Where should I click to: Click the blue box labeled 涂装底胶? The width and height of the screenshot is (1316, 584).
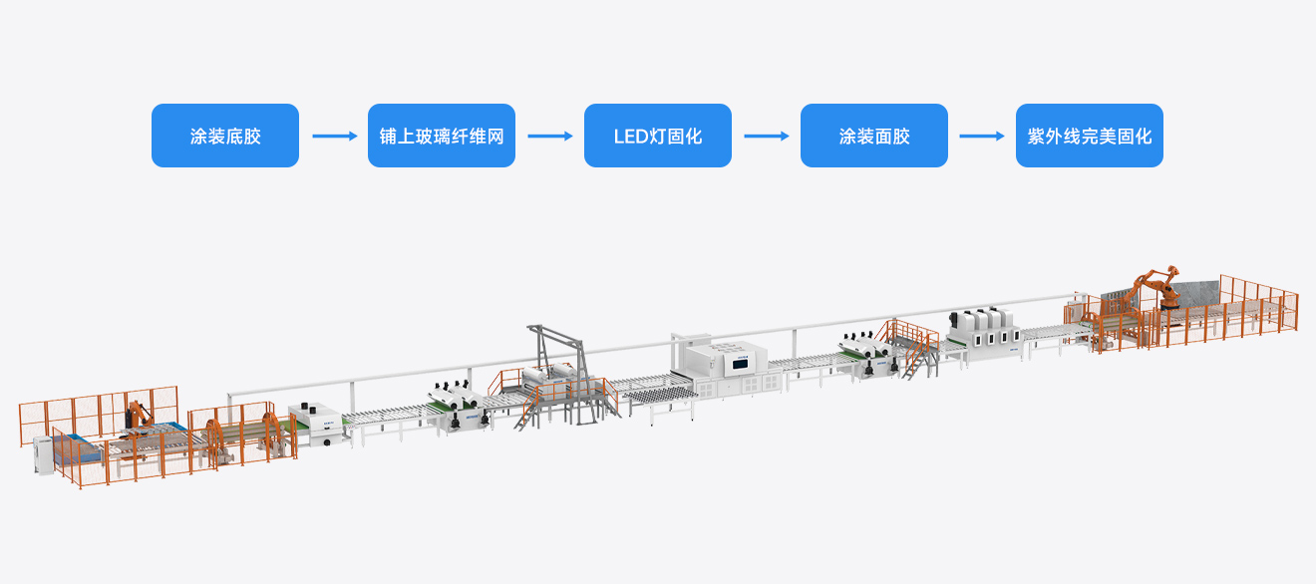tap(225, 136)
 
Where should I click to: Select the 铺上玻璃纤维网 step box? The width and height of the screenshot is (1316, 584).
tap(442, 136)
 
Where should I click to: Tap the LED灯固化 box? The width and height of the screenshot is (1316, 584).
tap(658, 136)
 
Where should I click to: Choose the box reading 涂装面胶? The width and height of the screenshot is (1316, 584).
tap(873, 136)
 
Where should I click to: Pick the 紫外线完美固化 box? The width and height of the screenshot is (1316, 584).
tap(1090, 136)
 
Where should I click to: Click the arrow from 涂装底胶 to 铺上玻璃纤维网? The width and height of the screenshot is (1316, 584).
tap(334, 136)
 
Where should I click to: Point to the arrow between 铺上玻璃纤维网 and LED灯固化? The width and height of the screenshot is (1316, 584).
tap(549, 136)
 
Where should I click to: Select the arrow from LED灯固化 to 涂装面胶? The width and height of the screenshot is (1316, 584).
tap(766, 136)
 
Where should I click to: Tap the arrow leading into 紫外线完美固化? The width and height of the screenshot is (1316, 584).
tap(982, 136)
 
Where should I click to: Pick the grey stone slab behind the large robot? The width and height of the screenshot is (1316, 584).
tap(1195, 293)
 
